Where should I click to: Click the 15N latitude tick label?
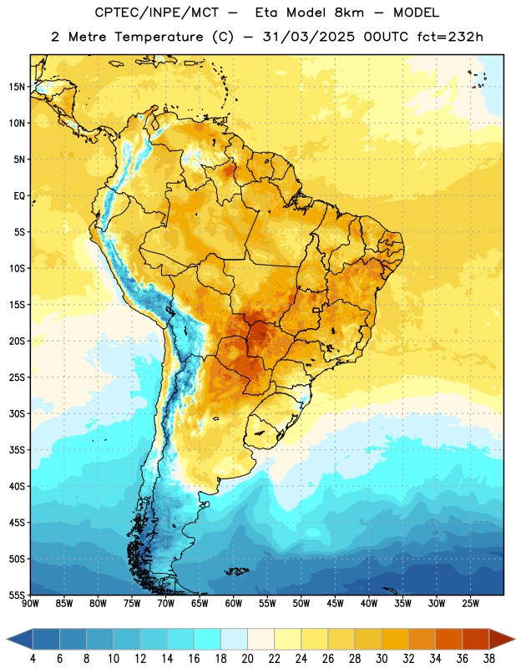[16, 87]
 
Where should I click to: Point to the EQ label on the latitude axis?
[19, 196]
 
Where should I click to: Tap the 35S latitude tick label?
[17, 450]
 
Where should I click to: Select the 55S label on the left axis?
[17, 595]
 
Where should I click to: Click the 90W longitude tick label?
[31, 604]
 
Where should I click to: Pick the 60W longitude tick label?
[234, 604]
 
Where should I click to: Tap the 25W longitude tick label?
[470, 604]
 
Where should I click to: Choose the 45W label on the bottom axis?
[336, 604]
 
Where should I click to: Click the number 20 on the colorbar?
[247, 659]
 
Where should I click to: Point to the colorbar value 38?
[489, 659]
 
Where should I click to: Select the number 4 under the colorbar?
[33, 659]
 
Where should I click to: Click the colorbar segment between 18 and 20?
[235, 639]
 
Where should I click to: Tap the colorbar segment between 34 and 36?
[449, 639]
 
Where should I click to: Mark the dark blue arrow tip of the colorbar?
[7, 639]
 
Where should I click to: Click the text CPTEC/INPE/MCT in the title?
[157, 13]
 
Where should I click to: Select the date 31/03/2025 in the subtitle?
[308, 37]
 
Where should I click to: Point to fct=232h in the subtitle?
[450, 37]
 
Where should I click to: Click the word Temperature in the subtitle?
[159, 37]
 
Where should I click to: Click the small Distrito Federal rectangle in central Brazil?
[316, 310]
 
